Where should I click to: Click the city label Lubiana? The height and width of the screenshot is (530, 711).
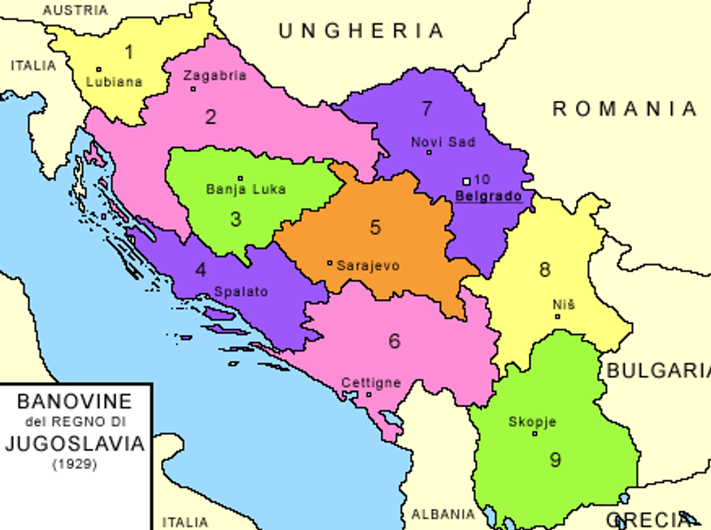click(x=114, y=82)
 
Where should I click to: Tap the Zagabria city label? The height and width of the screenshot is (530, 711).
click(x=215, y=75)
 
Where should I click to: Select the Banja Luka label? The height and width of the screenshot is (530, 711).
click(x=246, y=189)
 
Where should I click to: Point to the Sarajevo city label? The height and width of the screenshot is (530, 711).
click(x=368, y=265)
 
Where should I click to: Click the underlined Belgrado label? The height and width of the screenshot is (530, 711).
click(x=488, y=196)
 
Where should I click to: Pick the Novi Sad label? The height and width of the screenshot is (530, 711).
click(x=443, y=142)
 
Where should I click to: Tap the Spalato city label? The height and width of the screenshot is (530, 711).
click(x=241, y=291)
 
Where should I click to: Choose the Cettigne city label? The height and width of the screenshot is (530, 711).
click(x=371, y=382)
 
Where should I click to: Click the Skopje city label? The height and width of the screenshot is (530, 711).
click(x=533, y=421)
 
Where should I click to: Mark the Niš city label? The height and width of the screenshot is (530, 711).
click(x=564, y=305)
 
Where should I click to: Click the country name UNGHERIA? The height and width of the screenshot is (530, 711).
click(x=361, y=30)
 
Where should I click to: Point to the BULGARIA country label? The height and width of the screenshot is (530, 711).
click(x=657, y=370)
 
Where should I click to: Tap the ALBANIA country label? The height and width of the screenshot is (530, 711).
click(x=443, y=514)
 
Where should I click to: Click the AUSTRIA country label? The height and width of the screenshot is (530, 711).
click(x=75, y=10)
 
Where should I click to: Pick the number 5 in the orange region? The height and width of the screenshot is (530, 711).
click(x=375, y=227)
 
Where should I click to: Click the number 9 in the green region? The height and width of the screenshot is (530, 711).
click(x=555, y=459)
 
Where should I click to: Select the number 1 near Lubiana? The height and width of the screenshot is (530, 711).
click(x=129, y=52)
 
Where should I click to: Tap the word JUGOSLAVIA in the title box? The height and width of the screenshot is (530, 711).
click(x=75, y=443)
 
